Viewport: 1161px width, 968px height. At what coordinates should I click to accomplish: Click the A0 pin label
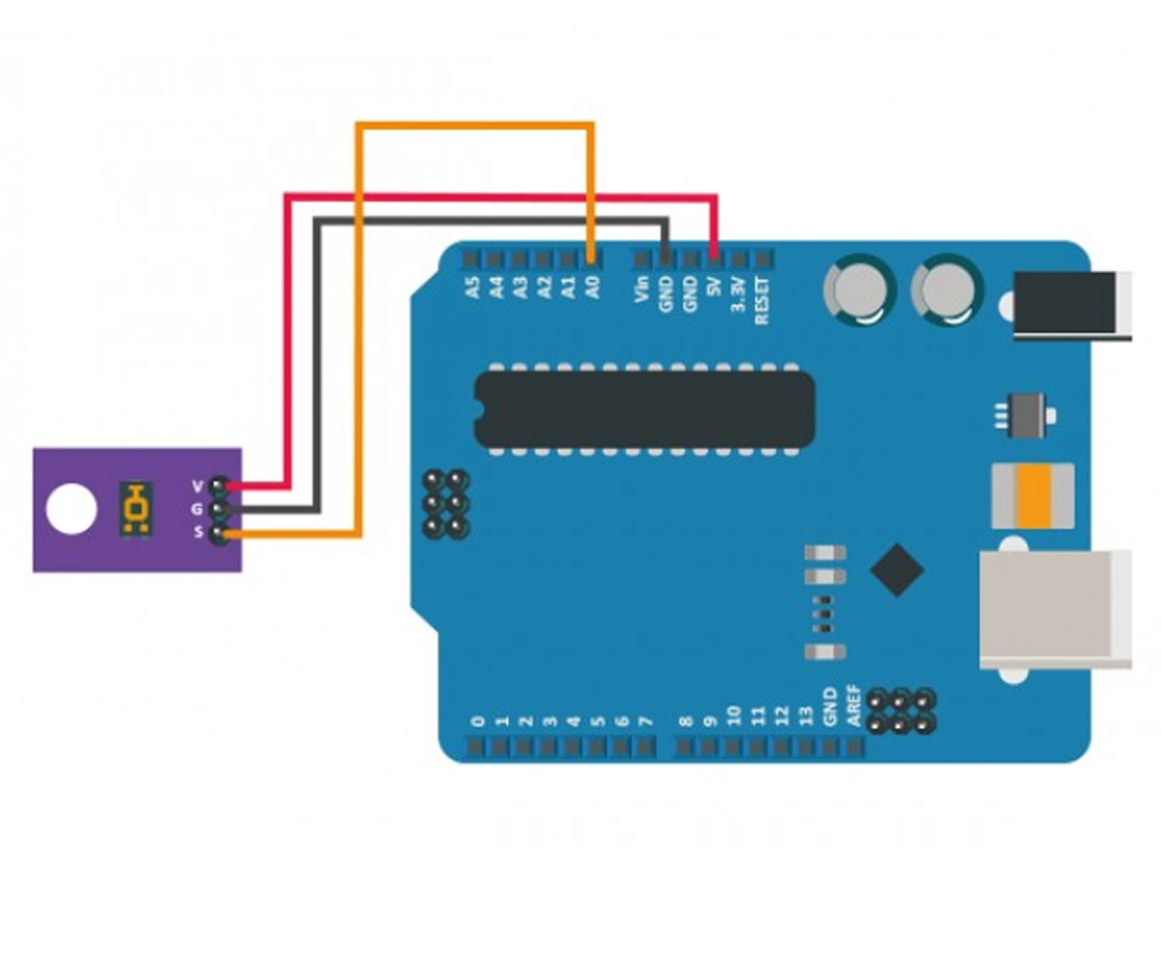click(594, 287)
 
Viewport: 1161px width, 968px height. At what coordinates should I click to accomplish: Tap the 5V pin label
click(714, 288)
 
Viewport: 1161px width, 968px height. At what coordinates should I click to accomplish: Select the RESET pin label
click(762, 300)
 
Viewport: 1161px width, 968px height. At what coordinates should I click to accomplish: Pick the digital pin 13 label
click(805, 715)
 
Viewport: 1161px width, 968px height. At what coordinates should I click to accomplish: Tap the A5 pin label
click(472, 287)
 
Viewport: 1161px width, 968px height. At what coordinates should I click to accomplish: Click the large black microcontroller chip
click(643, 410)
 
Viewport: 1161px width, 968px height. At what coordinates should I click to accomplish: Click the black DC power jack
click(1069, 306)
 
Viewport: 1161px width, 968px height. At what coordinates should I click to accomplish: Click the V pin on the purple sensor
click(220, 484)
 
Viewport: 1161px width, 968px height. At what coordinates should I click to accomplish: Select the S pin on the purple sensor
click(220, 531)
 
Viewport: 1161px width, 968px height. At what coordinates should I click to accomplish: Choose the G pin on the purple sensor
click(220, 507)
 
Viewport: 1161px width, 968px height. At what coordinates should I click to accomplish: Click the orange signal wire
click(474, 124)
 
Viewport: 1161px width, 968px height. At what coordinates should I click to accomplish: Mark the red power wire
click(503, 197)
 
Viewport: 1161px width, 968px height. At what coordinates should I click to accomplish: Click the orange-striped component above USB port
click(1033, 494)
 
